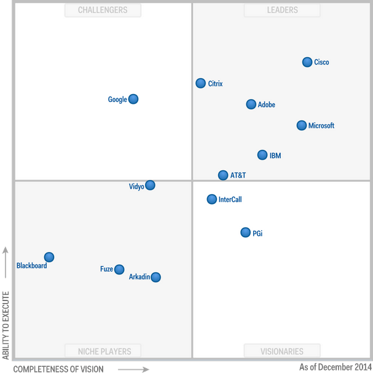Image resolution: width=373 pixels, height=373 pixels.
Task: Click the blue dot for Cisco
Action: click(x=307, y=62)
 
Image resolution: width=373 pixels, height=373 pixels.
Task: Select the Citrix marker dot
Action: click(x=200, y=83)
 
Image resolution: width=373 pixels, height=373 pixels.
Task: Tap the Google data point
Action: click(x=133, y=99)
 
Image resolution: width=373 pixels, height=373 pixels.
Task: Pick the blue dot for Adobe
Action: click(x=251, y=104)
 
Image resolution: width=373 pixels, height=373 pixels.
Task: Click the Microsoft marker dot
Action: click(x=301, y=125)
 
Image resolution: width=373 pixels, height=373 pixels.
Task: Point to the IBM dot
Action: click(x=262, y=155)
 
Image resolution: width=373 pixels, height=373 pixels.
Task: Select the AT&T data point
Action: click(x=223, y=175)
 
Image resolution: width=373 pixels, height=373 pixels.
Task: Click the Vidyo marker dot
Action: click(x=150, y=185)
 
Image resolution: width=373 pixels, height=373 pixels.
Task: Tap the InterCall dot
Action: click(x=212, y=199)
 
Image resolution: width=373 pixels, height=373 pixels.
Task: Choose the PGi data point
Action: click(x=246, y=232)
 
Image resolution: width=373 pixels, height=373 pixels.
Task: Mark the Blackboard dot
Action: click(x=49, y=257)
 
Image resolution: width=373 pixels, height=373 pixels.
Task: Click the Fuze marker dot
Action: click(x=119, y=269)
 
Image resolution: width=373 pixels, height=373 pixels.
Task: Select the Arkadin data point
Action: click(x=155, y=277)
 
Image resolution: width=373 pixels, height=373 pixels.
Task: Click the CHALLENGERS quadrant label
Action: click(x=103, y=10)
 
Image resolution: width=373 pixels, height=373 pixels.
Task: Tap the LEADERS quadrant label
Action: click(x=282, y=10)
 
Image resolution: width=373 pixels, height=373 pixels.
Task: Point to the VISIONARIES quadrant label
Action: click(x=282, y=351)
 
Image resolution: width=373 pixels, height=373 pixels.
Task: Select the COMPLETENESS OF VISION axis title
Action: click(x=58, y=369)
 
